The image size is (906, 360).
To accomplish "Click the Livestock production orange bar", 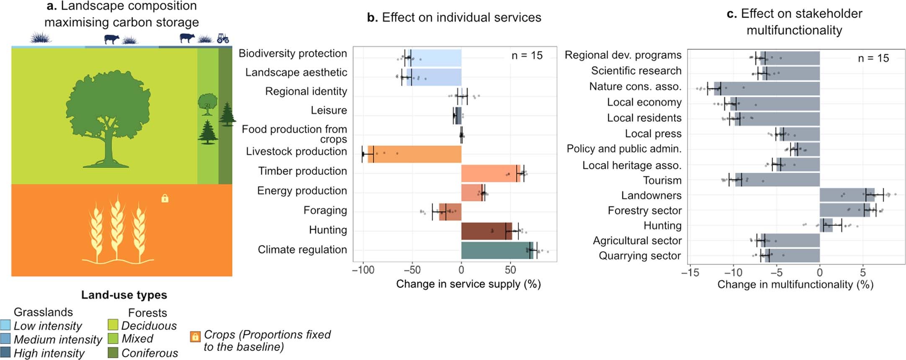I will pos(414,154).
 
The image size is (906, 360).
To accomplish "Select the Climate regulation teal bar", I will pos(497,250).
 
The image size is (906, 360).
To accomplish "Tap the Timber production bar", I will pos(490,173).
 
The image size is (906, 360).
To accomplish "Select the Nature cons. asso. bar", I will pos(766,88).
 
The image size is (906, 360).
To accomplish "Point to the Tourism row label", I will pos(662,180).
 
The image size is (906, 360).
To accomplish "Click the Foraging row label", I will pos(325,210).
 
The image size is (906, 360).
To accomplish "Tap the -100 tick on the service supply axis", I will pos(363,270).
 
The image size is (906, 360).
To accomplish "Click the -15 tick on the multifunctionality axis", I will pos(690,273).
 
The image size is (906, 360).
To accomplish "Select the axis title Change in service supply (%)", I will pos(468,284).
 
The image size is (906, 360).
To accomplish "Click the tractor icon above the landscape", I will pos(223,39).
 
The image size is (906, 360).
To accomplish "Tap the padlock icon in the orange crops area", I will pos(165,198).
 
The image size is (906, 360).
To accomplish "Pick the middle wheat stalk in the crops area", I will pos(117,228).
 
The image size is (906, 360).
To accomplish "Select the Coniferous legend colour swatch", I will pos(113,352).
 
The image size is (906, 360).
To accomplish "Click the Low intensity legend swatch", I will pos(5,325).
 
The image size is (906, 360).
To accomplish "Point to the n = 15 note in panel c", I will pos(873,58).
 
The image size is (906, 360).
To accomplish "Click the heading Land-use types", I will pos(124,295).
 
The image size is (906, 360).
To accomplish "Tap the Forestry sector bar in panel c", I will pos(844,210).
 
